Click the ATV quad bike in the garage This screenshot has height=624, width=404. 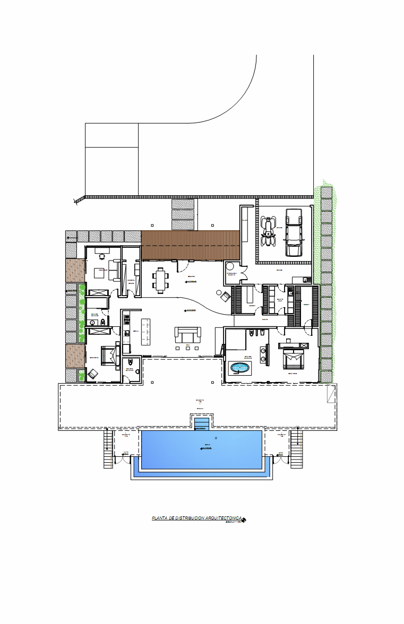pyautogui.click(x=269, y=231)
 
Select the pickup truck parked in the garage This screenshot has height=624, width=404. pyautogui.click(x=294, y=232)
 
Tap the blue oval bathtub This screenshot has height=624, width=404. pyautogui.click(x=239, y=368)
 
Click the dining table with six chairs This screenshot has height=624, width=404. pyautogui.click(x=161, y=280)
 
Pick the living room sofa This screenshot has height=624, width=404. pyautogui.click(x=188, y=335)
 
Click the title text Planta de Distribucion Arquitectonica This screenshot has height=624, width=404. pyautogui.click(x=197, y=518)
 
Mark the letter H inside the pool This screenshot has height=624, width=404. pyautogui.click(x=216, y=438)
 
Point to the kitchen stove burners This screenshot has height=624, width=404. pyautogui.click(x=127, y=319)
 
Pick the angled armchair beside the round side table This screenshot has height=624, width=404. pyautogui.click(x=225, y=297)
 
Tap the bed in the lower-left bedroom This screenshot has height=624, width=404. pyautogui.click(x=110, y=354)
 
